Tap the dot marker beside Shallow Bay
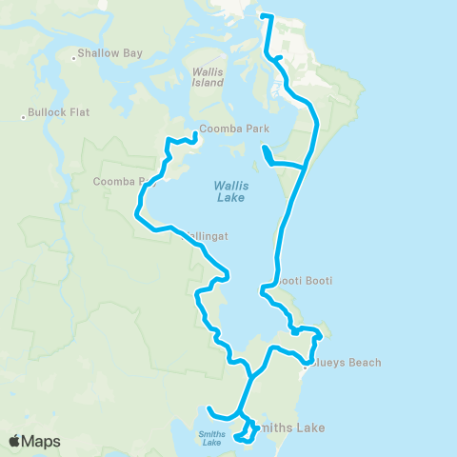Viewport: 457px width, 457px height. tap(73, 58)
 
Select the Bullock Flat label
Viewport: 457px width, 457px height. tap(59, 112)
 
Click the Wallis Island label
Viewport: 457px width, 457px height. tap(208, 77)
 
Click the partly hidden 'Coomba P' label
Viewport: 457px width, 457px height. tap(118, 181)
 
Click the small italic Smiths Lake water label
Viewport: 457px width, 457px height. tap(211, 438)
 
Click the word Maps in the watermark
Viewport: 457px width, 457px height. tap(42, 441)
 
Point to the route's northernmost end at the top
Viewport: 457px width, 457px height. tap(264, 16)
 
